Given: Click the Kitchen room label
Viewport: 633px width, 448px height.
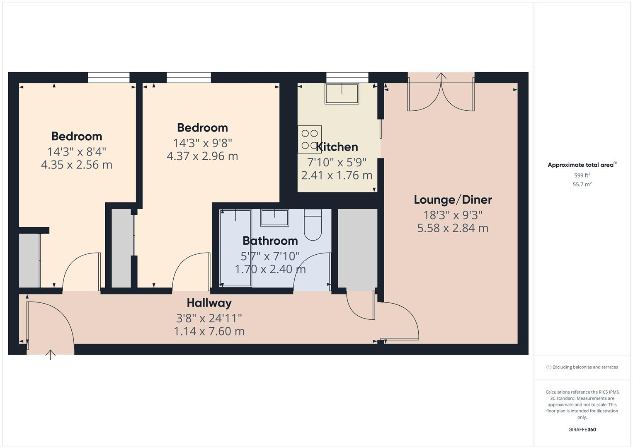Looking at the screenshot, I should pos(337,147).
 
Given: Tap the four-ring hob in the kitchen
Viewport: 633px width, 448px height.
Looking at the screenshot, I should pos(310,139).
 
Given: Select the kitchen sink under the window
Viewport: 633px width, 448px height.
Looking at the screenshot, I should pos(342,94).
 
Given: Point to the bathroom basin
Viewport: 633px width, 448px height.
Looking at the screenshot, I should pos(274,218).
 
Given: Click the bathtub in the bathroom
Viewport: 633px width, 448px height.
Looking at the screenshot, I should pos(235,248).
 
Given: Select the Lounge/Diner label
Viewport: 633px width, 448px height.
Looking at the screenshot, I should pos(453,200).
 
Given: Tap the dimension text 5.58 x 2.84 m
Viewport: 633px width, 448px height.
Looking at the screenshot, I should pos(453,228).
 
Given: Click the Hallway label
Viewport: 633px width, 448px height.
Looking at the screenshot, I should pos(209,303).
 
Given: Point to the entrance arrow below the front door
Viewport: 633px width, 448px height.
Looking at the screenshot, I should pos(51,355).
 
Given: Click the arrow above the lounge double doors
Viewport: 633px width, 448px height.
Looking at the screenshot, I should pos(441,77).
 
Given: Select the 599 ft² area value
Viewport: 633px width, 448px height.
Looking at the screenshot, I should pos(582,175).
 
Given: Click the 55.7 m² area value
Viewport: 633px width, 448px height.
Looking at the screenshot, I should pos(582,184).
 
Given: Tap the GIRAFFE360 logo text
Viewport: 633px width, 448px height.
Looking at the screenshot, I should pos(582,429).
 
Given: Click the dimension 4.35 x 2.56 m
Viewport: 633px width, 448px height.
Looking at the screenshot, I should pos(77,165).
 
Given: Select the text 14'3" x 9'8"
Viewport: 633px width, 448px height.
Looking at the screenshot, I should pos(202,143).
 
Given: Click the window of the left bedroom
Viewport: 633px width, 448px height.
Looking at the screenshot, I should pos(109,78).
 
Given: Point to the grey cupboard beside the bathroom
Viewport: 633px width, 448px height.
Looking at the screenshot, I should pos(357,248).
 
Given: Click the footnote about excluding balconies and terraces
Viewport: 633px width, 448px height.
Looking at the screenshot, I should pos(582,367).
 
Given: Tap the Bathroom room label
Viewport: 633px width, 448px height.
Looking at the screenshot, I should pos(270,241).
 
